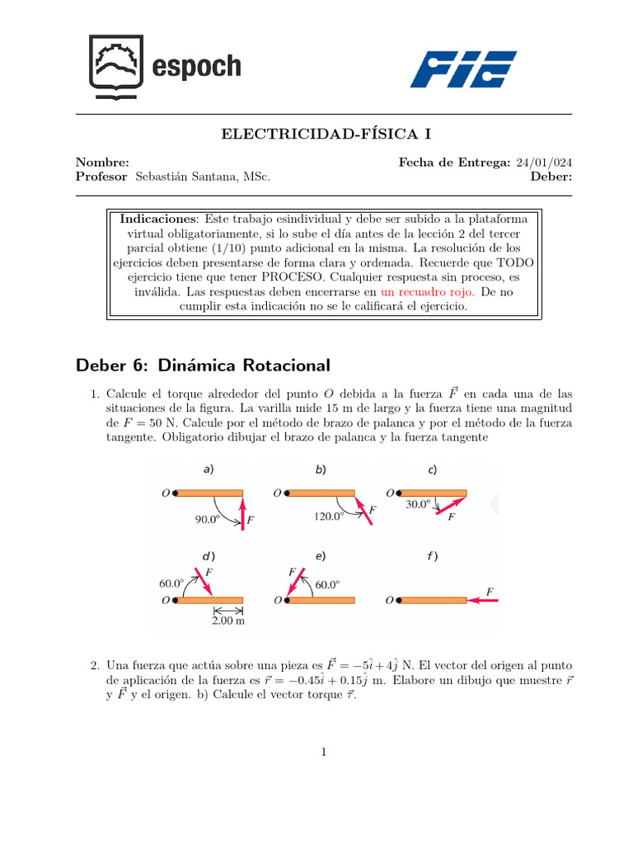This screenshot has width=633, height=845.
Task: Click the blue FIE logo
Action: coord(463,69)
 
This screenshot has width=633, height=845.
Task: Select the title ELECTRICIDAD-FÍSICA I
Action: coord(316,134)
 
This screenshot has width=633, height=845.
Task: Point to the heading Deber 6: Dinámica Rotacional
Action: coord(202,365)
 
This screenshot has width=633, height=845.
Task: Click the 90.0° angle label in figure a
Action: coord(211,520)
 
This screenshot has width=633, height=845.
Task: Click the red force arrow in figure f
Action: coord(483,601)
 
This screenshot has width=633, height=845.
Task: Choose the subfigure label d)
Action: coord(209,556)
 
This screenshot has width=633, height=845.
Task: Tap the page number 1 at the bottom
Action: coord(324,752)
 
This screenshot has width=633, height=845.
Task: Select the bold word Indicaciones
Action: coord(158,219)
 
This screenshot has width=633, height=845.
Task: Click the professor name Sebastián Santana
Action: coord(202,177)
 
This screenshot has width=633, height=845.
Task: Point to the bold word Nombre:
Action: coord(101,163)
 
